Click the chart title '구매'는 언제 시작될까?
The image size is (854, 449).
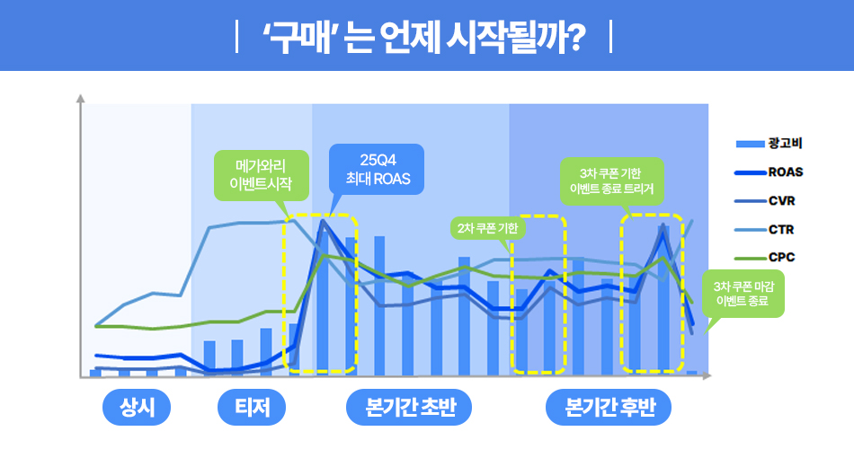pyautogui.click(x=424, y=37)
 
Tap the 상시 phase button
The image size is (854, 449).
pyautogui.click(x=137, y=407)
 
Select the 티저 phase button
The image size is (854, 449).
pyautogui.click(x=252, y=407)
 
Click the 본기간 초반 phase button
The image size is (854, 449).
pyautogui.click(x=409, y=407)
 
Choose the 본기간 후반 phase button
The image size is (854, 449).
pyautogui.click(x=609, y=407)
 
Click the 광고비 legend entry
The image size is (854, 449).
pyautogui.click(x=769, y=144)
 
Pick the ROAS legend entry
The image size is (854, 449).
pyautogui.click(x=769, y=172)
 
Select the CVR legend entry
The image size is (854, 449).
pyautogui.click(x=765, y=201)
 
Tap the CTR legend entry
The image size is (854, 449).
pyautogui.click(x=765, y=230)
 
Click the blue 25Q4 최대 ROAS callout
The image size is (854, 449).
pyautogui.click(x=377, y=169)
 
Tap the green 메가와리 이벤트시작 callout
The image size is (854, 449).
pyautogui.click(x=262, y=175)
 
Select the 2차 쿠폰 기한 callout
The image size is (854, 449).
pyautogui.click(x=487, y=228)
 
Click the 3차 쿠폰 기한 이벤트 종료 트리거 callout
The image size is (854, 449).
pyautogui.click(x=611, y=181)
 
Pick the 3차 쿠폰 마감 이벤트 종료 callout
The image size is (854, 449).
pyautogui.click(x=743, y=294)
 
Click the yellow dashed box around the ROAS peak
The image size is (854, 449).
pyautogui.click(x=283, y=294)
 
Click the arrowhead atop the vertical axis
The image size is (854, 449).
pyautogui.click(x=81, y=99)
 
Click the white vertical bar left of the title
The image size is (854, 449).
pyautogui.click(x=236, y=37)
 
